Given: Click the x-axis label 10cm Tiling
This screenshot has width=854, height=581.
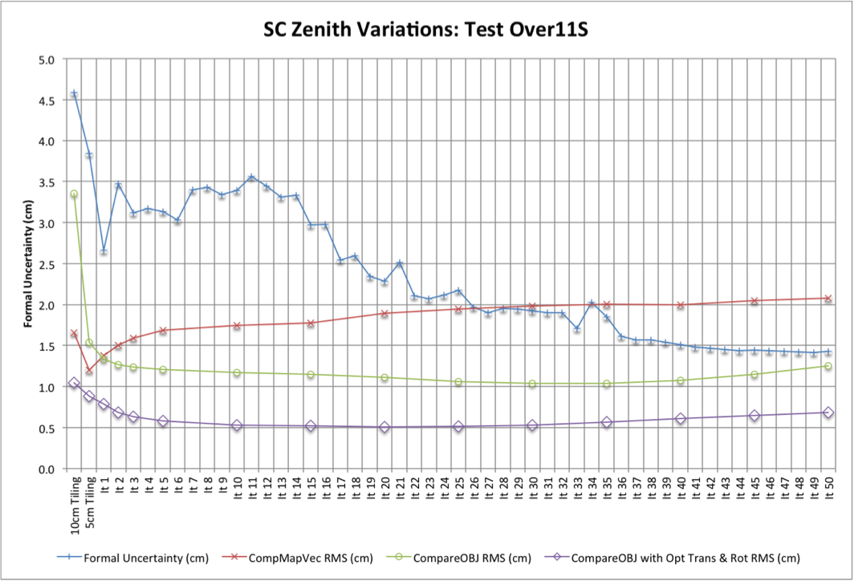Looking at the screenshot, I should [74, 500].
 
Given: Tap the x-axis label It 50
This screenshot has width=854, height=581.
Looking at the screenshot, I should [828, 490].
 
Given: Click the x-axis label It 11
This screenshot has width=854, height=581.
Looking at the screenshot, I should [252, 490].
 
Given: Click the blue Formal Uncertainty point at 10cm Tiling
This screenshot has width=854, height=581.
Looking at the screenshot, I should [74, 94].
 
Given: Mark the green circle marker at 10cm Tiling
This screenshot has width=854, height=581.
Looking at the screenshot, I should [74, 194].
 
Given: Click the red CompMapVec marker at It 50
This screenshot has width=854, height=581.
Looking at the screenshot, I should [828, 299].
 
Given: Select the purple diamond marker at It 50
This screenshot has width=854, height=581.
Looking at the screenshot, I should [828, 412].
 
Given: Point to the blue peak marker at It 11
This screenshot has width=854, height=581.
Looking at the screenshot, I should [252, 177].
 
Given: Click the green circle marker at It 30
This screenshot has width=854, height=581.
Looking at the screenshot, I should [532, 384].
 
